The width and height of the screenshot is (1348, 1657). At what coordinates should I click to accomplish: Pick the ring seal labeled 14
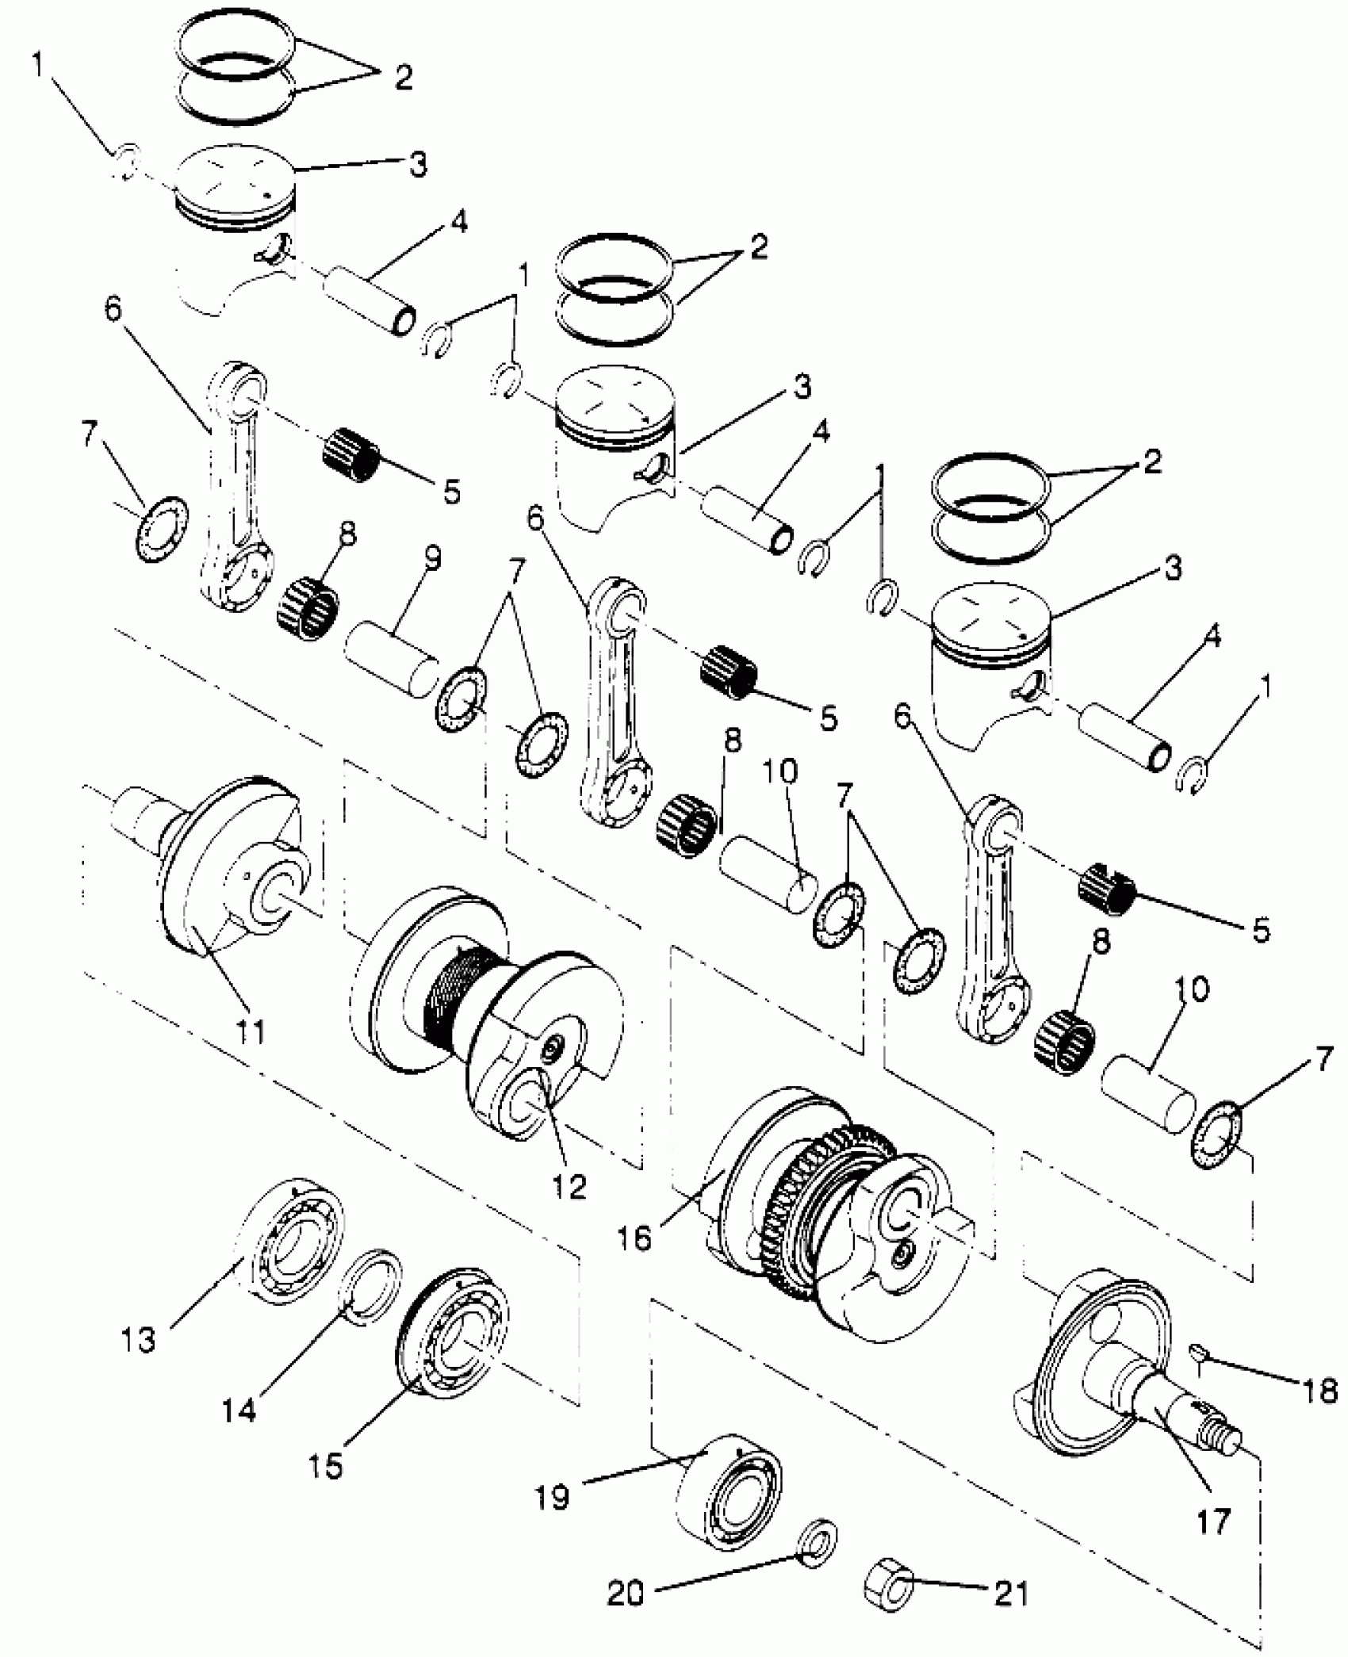[x=370, y=1286]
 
